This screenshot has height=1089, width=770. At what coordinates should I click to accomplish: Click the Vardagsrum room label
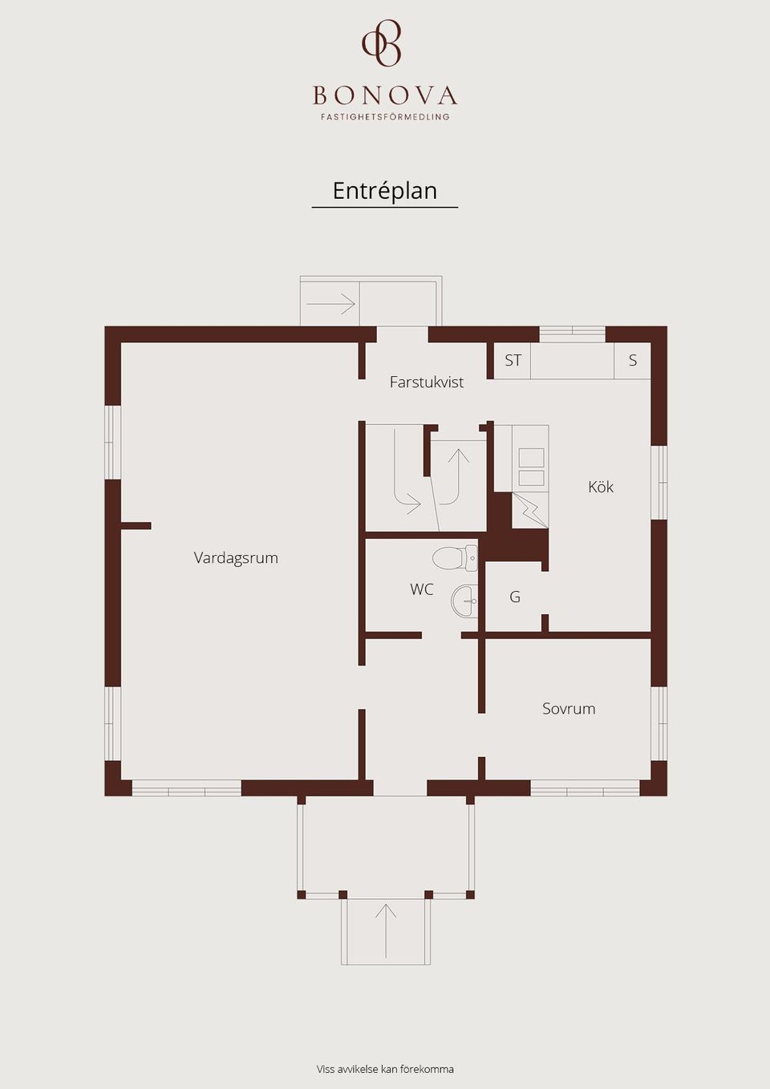[x=236, y=557]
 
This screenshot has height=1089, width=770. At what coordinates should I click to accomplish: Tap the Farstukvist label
[x=427, y=383]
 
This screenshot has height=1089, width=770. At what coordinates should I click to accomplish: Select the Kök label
[x=601, y=487]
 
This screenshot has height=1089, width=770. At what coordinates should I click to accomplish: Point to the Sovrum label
[x=569, y=708]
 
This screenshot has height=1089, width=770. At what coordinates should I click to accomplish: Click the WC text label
[x=422, y=589]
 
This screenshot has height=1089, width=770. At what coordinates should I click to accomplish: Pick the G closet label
[x=515, y=597]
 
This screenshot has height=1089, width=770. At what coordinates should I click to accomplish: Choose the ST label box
[x=513, y=360]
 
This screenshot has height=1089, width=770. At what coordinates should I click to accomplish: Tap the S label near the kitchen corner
[x=632, y=360]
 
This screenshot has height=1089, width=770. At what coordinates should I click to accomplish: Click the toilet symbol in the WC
[x=456, y=558]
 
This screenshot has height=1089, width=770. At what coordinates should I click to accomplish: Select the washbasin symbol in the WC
[x=465, y=601]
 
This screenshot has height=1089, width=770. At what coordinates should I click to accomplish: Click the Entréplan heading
[x=385, y=191]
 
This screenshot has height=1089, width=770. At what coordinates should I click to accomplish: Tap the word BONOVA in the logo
[x=385, y=95]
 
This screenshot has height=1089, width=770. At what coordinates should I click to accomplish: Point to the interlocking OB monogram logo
[x=381, y=43]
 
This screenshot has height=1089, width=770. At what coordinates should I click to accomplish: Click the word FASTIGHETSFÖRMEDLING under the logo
[x=385, y=117]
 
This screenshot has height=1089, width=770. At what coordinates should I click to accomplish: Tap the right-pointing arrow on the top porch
[x=330, y=304]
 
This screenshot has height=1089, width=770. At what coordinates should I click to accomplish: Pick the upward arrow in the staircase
[x=456, y=477]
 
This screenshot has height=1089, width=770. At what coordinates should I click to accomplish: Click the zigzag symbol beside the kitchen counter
[x=530, y=510]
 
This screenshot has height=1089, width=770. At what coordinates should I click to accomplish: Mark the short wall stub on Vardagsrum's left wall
[x=136, y=525]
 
